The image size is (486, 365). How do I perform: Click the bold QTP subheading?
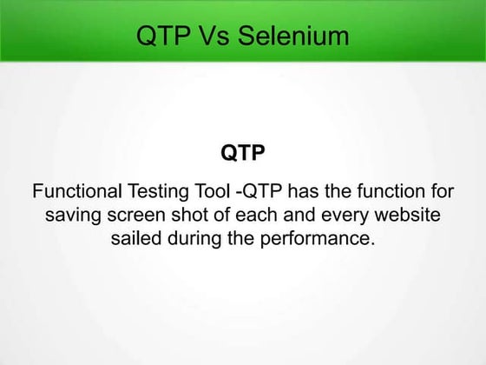242,153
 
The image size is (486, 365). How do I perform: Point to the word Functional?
76,191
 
